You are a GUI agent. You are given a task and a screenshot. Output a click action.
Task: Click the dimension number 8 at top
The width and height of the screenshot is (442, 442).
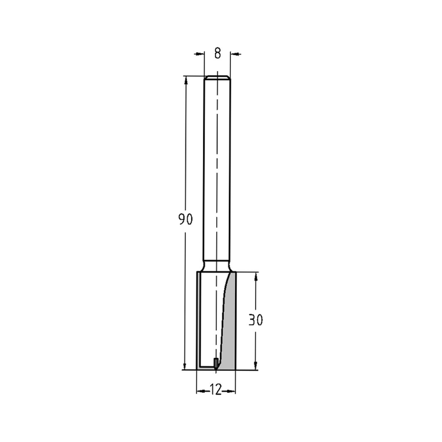[217, 54]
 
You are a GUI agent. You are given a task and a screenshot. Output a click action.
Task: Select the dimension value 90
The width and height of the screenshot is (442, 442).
[186, 219]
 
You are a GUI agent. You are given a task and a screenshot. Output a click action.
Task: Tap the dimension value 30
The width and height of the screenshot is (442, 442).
[255, 320]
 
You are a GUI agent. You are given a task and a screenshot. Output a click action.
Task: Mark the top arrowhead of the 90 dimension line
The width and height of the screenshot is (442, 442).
[186, 80]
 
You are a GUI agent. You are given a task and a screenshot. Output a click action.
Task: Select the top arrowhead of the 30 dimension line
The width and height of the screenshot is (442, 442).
[255, 276]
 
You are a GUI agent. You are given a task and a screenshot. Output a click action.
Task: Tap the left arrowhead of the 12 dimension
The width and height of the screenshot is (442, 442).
[200, 391]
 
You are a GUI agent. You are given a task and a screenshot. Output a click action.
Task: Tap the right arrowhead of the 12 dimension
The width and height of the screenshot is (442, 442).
[232, 391]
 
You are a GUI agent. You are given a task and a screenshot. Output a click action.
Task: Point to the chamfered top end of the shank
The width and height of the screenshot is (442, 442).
[217, 78]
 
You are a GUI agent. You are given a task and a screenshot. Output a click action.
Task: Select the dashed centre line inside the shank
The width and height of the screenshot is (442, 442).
[217, 177]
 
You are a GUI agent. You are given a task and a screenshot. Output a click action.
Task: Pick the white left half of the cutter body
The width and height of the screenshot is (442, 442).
[208, 318]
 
